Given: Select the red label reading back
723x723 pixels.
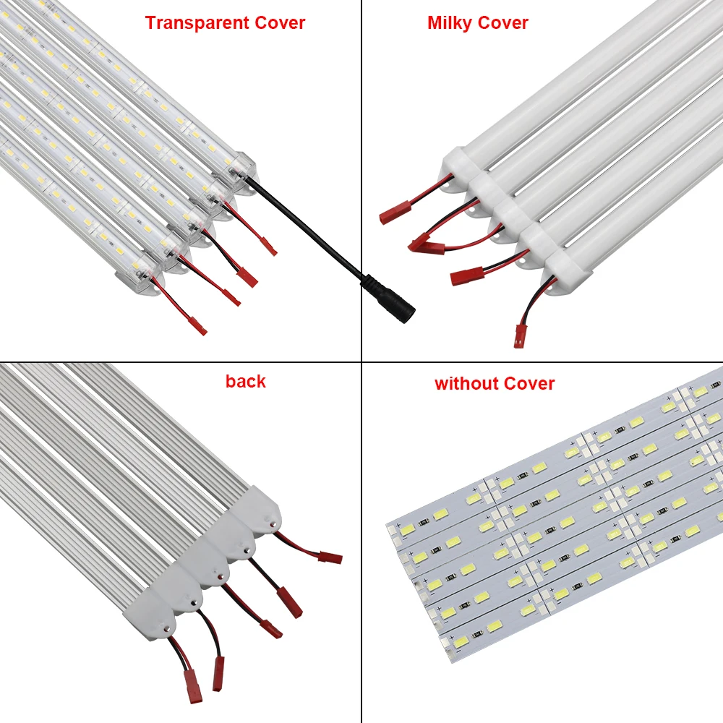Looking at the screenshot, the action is tap(246, 381).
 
